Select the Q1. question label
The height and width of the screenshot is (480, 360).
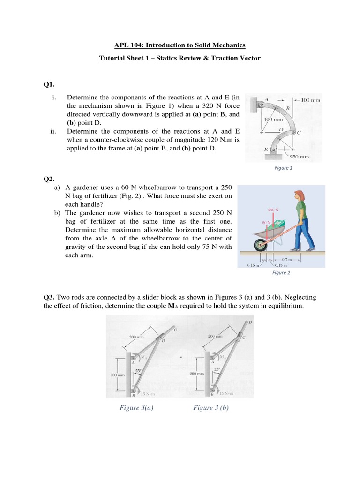49,84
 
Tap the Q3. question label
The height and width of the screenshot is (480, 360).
49,297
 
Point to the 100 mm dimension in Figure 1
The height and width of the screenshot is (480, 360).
311,100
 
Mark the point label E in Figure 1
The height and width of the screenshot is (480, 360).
266,150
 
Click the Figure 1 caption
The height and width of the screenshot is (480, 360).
284,168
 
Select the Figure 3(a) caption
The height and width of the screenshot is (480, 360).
136,408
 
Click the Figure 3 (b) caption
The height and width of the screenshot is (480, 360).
211,408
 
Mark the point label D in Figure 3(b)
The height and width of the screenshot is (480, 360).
250,322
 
